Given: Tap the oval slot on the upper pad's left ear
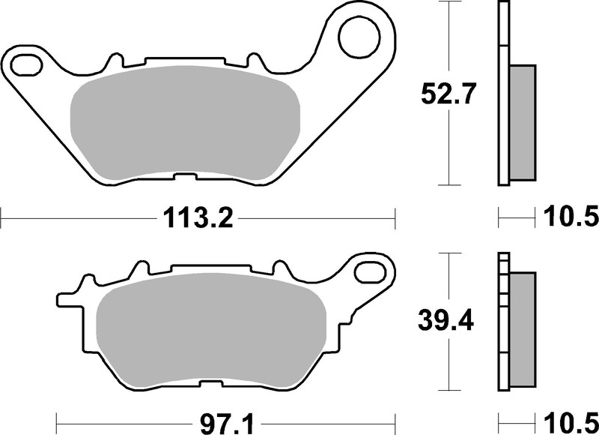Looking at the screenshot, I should point(28,62).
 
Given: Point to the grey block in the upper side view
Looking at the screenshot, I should point(523,123).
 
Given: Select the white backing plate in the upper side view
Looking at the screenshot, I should point(502,94).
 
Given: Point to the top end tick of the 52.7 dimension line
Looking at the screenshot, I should point(448,2).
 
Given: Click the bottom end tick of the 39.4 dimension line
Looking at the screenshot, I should point(448,391).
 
